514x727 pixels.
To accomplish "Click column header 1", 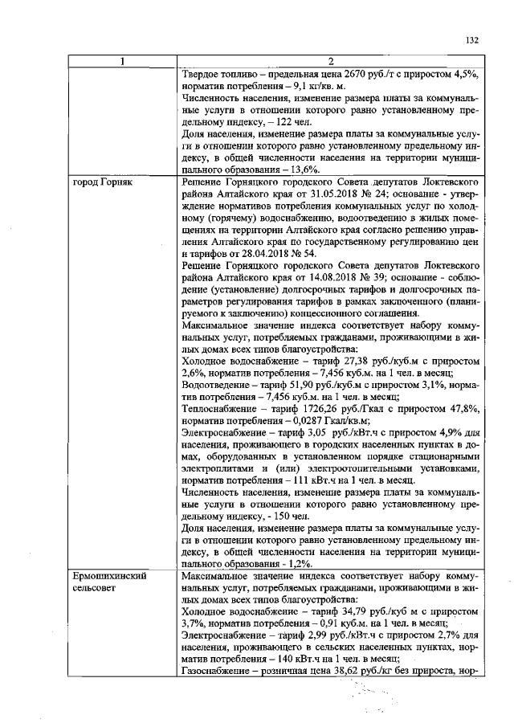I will (x=122, y=62).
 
